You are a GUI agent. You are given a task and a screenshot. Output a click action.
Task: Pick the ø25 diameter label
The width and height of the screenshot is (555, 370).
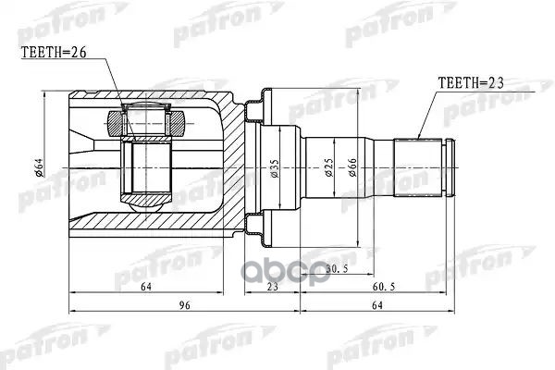pos(327,167)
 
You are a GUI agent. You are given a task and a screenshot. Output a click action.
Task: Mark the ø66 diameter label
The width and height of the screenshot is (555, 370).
pos(353,167)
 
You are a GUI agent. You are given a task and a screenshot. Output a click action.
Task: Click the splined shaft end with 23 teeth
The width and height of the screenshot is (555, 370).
pos(421,166)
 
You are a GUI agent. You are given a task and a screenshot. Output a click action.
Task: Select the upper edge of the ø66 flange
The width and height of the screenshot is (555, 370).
pos(265,93)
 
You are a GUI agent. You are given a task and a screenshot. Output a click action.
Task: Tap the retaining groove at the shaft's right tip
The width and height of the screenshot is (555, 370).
pos(448,166)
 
